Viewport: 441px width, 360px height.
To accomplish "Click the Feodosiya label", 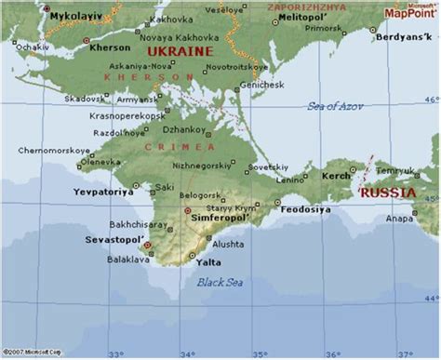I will coord(305,209).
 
